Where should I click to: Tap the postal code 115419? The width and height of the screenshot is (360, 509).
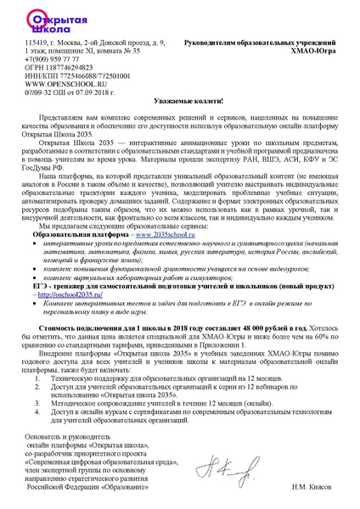coord(37,41)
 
